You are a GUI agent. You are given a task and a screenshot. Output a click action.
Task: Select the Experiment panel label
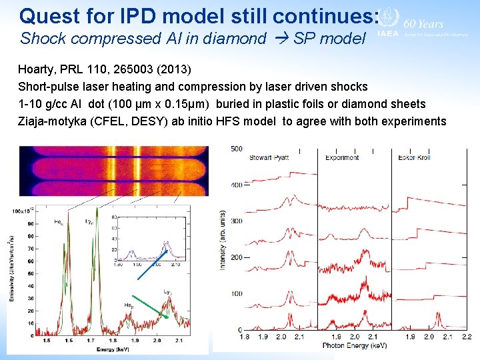342,157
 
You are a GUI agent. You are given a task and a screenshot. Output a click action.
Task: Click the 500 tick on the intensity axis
236,149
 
